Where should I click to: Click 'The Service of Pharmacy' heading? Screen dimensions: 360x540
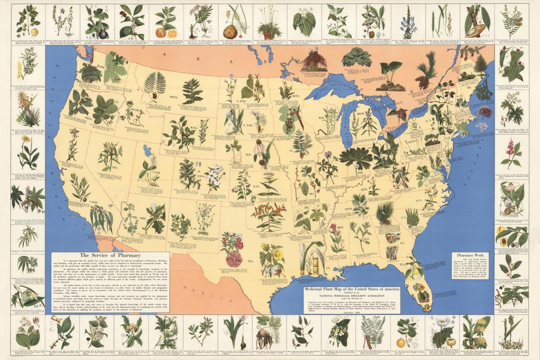click(x=110, y=255)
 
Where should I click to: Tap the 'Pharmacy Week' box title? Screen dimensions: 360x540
click(x=470, y=255)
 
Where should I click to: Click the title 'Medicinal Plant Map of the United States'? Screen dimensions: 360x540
click(x=352, y=289)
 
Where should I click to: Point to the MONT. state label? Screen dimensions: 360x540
click(x=173, y=97)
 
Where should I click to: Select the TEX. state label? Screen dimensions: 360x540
click(x=251, y=261)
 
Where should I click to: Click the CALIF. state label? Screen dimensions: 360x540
click(x=94, y=202)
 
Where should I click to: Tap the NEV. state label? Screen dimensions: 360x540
click(x=115, y=168)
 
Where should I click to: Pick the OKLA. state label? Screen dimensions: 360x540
click(x=281, y=219)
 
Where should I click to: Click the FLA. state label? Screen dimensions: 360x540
click(x=402, y=264)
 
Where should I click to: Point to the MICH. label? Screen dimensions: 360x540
click(x=360, y=114)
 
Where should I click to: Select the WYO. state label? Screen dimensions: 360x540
click(x=194, y=127)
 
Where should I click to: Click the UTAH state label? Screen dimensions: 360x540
click(x=156, y=172)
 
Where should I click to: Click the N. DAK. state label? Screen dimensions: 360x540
click(x=241, y=101)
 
